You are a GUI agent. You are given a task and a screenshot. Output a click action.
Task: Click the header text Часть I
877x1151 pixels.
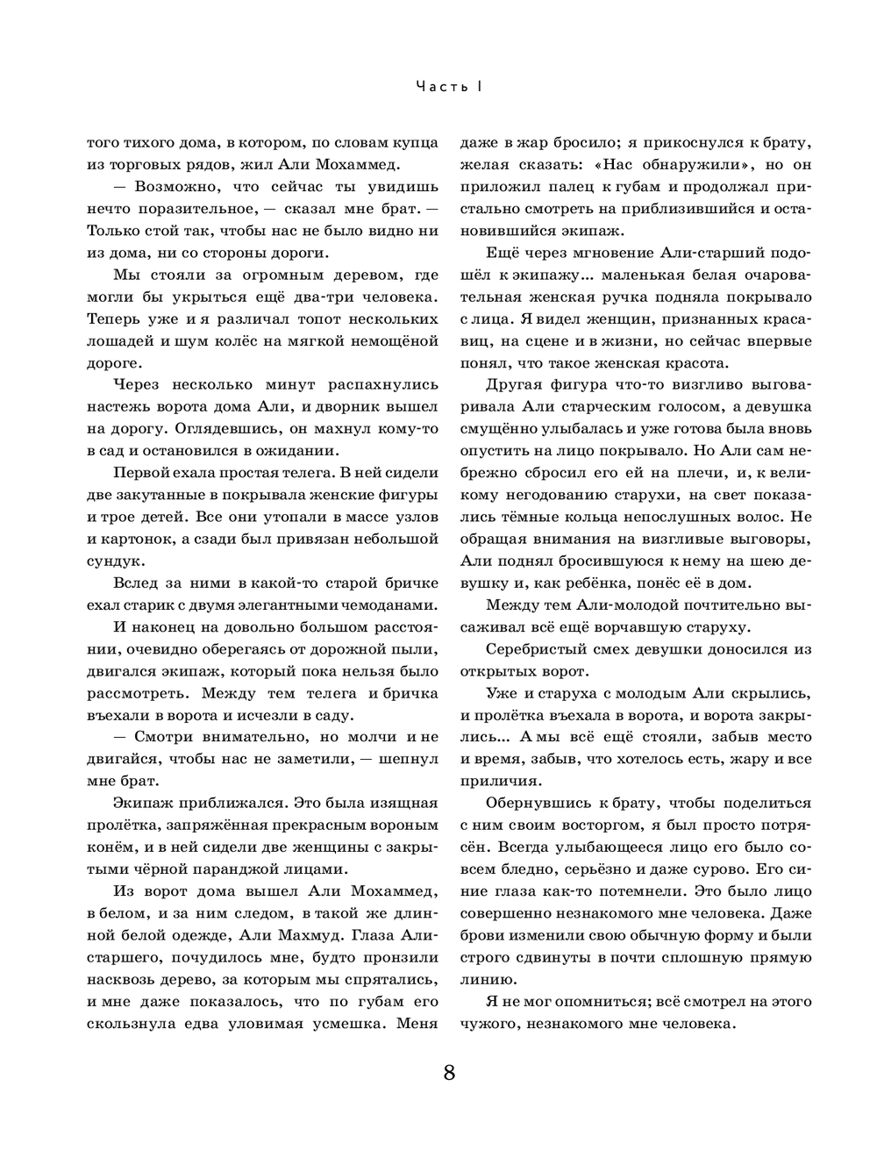449,86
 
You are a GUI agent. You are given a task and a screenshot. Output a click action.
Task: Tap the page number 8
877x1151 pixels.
449,1073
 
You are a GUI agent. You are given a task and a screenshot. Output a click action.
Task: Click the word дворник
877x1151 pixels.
354,406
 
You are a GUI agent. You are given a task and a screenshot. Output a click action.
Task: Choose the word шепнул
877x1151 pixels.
404,757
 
